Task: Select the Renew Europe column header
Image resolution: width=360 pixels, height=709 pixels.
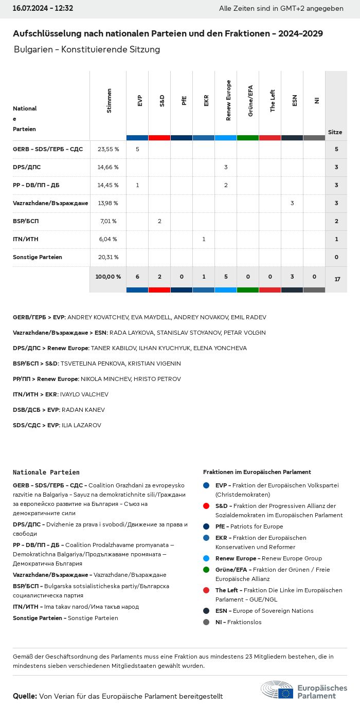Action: (x=228, y=101)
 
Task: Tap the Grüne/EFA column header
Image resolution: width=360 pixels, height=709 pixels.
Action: (x=250, y=101)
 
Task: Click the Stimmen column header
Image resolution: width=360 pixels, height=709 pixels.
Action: (x=109, y=101)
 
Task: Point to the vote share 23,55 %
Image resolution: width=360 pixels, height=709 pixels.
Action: (x=108, y=149)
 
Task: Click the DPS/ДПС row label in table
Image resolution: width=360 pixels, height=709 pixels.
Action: (x=27, y=167)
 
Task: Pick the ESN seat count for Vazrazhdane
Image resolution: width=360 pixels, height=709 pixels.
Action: (x=292, y=203)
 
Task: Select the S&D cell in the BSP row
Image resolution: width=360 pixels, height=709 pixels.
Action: (x=159, y=221)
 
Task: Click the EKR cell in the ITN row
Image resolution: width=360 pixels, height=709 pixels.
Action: (x=204, y=239)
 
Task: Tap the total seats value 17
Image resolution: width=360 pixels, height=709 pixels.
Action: (x=337, y=279)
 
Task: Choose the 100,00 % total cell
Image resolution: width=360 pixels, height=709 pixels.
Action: (x=108, y=277)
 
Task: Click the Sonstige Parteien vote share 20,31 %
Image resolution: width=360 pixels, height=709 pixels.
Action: (x=108, y=257)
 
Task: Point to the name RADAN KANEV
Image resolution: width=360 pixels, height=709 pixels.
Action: (x=83, y=410)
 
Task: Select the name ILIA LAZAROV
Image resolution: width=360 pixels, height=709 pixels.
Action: (x=81, y=425)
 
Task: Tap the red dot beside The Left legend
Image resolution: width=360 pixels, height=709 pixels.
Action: (x=206, y=590)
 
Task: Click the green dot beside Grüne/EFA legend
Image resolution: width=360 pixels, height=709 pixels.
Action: (x=206, y=570)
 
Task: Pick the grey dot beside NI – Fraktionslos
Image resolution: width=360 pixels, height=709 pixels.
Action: (x=206, y=622)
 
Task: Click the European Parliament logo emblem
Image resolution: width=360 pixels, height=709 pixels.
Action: (x=277, y=689)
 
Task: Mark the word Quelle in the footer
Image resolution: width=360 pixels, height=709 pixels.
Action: (x=25, y=696)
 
